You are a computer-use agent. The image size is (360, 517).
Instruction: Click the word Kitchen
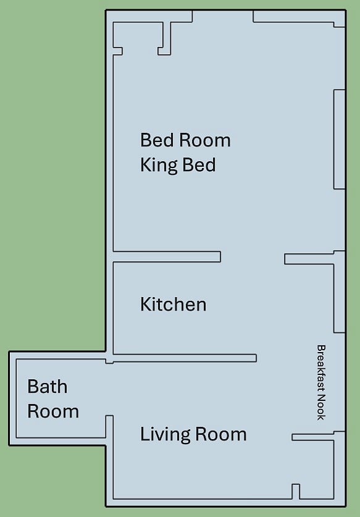(174, 304)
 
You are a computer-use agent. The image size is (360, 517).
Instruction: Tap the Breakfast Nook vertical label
(321, 382)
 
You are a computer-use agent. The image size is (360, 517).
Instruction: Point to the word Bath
(48, 386)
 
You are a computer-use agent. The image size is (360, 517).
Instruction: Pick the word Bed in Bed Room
(157, 140)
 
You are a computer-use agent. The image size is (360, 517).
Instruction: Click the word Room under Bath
(53, 411)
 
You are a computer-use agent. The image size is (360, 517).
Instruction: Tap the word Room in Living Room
(221, 434)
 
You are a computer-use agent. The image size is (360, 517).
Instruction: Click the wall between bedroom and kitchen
(167, 256)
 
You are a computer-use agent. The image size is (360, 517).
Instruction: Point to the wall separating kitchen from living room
(185, 358)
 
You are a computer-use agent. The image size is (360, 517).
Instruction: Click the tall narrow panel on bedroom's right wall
(339, 139)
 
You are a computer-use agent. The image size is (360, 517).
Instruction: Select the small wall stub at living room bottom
(296, 492)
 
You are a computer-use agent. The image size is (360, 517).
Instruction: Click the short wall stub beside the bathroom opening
(109, 426)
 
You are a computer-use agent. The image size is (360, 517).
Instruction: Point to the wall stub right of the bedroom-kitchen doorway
(309, 259)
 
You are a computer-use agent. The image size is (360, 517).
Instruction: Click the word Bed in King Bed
(199, 164)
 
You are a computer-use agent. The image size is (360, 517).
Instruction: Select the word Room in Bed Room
(205, 140)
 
